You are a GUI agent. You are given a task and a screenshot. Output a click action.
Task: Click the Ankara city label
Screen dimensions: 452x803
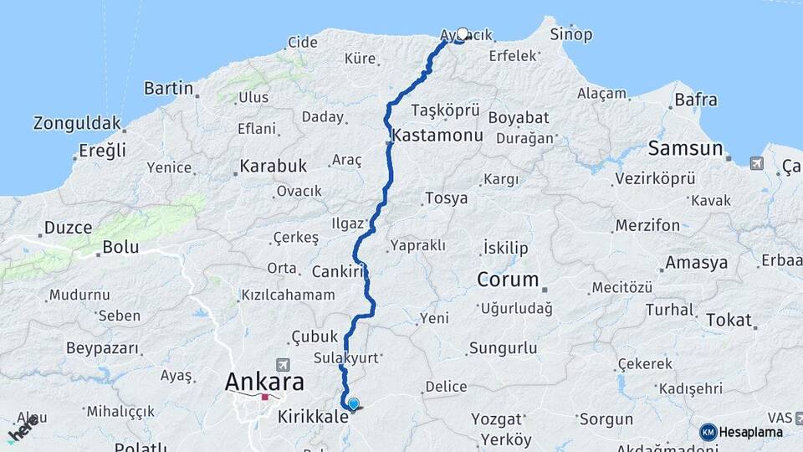pyautogui.click(x=263, y=383)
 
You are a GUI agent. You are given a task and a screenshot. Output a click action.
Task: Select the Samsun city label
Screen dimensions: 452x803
pyautogui.click(x=686, y=149)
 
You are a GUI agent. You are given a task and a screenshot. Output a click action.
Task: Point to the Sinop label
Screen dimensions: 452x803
pyautogui.click(x=571, y=34)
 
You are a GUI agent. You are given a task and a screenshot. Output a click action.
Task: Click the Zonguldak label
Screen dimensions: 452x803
pyautogui.click(x=77, y=123)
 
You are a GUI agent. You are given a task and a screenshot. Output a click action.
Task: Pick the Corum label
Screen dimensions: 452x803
pyautogui.click(x=507, y=279)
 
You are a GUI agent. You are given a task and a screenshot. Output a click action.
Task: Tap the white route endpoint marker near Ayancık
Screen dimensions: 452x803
pyautogui.click(x=463, y=34)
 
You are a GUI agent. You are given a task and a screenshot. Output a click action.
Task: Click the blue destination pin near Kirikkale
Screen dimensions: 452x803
pyautogui.click(x=353, y=404)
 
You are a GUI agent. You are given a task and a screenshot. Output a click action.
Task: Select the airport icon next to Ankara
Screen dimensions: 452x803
pyautogui.click(x=283, y=365)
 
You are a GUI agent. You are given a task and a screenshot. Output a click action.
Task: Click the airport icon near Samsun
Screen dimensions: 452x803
pyautogui.click(x=757, y=162)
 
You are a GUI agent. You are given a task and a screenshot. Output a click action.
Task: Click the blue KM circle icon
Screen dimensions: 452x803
pyautogui.click(x=708, y=432)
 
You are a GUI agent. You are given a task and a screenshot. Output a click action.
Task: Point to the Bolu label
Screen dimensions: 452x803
pyautogui.click(x=120, y=247)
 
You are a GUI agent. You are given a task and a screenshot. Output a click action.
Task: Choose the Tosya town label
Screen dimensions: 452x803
pyautogui.click(x=446, y=198)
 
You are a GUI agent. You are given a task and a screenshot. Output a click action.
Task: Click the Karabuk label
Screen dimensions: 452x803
pyautogui.click(x=273, y=166)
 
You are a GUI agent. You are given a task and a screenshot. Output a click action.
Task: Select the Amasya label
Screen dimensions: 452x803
pyautogui.click(x=696, y=263)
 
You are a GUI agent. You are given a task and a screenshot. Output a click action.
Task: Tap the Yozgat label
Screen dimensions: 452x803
pyautogui.click(x=496, y=419)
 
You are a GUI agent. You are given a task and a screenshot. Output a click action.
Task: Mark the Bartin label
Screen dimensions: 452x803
pyautogui.click(x=168, y=88)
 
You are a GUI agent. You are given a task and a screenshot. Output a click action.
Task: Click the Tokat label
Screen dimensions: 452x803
pyautogui.click(x=729, y=320)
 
